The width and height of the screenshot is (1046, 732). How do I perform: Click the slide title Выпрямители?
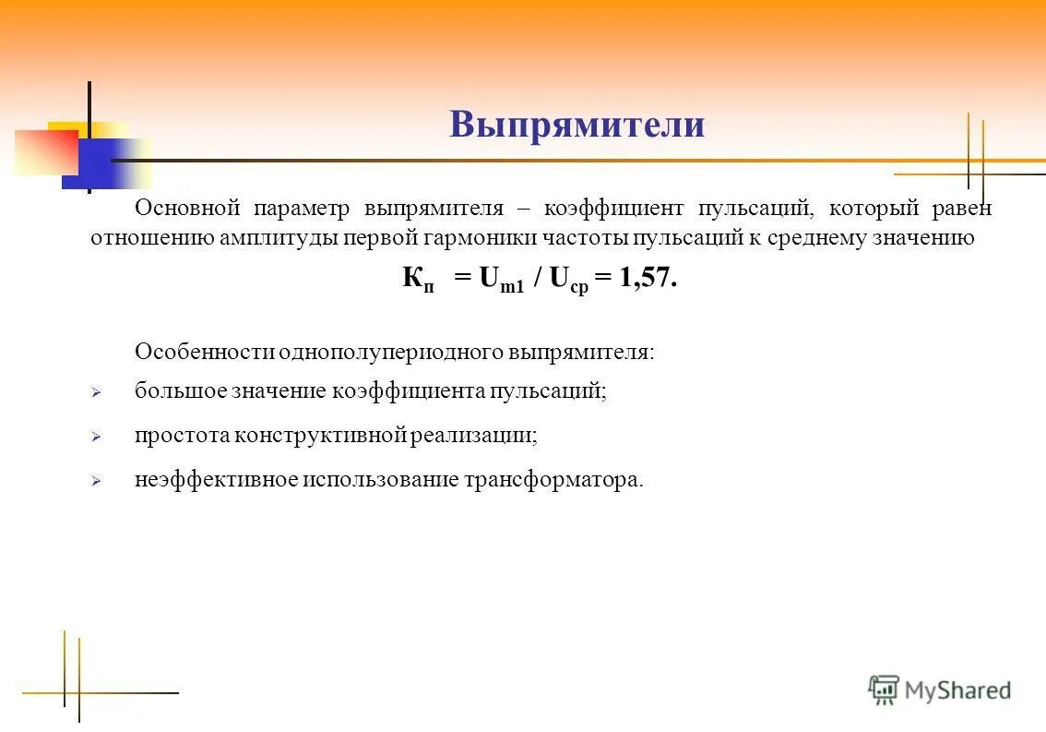click(x=576, y=125)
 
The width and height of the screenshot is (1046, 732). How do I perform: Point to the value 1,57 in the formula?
click(x=647, y=279)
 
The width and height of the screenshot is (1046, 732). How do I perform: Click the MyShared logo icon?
click(x=884, y=690)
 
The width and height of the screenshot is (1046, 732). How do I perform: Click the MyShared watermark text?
click(x=957, y=690)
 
